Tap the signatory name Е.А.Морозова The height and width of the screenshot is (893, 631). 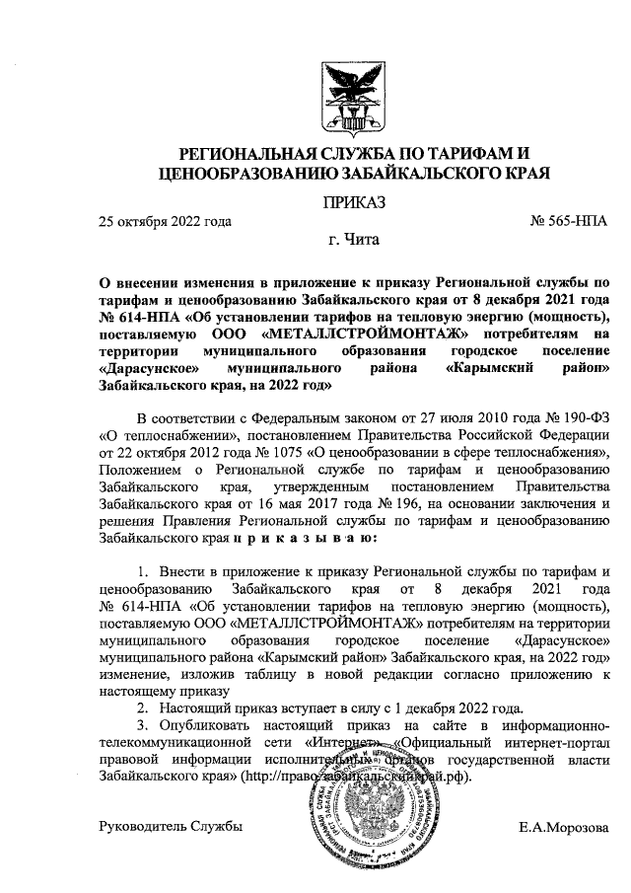point(563,827)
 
